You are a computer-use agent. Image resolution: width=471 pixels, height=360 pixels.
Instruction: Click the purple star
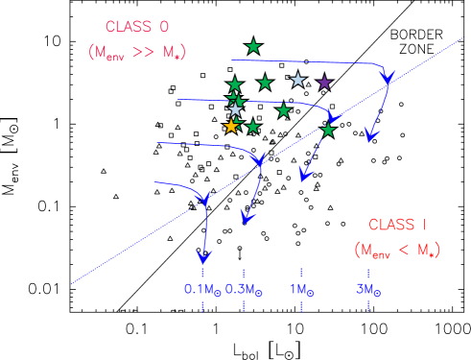click(x=324, y=82)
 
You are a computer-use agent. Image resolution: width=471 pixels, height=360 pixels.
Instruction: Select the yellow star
click(x=230, y=126)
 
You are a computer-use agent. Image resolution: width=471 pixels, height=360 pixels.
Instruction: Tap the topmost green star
click(x=253, y=46)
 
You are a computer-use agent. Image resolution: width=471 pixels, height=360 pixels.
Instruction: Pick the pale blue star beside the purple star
click(x=297, y=80)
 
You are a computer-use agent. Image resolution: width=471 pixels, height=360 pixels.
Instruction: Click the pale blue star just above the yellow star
click(x=235, y=109)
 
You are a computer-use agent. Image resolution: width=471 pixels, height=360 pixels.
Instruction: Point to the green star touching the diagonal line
click(x=328, y=130)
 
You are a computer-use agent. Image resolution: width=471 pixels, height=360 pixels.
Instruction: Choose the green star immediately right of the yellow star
click(x=252, y=127)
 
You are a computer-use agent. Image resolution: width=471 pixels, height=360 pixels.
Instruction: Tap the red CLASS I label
click(x=397, y=226)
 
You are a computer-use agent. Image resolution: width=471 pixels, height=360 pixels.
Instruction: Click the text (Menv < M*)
click(x=396, y=251)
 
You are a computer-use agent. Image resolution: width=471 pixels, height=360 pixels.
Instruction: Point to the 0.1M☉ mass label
click(x=201, y=289)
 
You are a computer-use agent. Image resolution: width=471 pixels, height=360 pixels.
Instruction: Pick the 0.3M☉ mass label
click(x=244, y=289)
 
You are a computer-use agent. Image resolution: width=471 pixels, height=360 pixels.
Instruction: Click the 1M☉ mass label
click(x=303, y=289)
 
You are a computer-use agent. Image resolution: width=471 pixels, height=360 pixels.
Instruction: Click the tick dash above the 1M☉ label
click(x=302, y=274)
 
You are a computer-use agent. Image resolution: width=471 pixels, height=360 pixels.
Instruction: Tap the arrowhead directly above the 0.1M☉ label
click(x=202, y=256)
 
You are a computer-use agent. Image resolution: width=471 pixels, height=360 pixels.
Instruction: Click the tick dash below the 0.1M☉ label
click(x=202, y=306)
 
